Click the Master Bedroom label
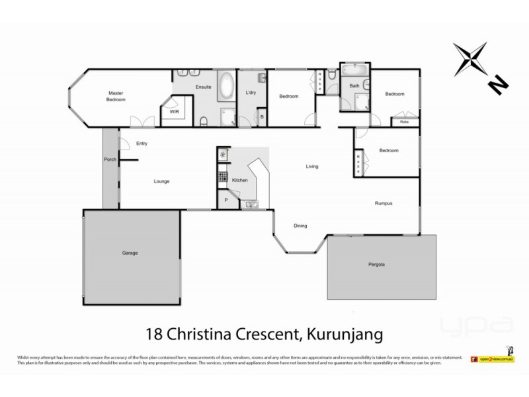pos(116,96)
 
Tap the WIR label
pos(175,112)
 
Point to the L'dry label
pos(251,92)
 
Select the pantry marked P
pos(225,199)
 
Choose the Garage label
pos(130,253)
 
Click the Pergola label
pos(376,265)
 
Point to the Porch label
pos(110,159)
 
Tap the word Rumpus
pos(384,203)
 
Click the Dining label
pos(300,226)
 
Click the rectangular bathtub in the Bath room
pos(354,70)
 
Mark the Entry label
pos(142,143)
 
